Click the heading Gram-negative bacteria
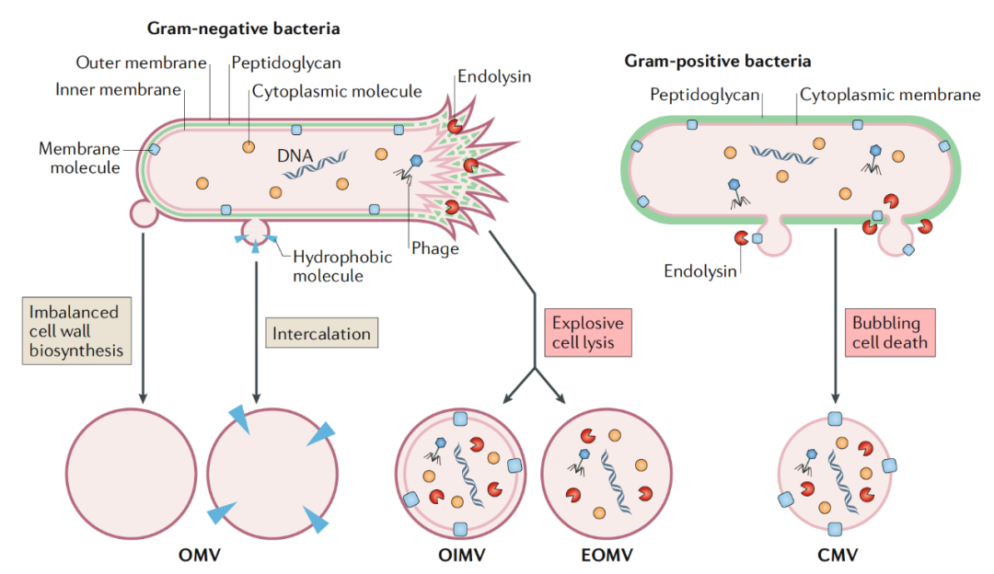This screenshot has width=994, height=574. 243,29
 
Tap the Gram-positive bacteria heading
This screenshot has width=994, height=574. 718,61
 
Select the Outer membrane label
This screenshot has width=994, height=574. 142,63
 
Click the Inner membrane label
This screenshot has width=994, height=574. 118,90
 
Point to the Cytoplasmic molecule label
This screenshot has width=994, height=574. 337,92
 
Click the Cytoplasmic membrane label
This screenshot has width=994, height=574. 890,95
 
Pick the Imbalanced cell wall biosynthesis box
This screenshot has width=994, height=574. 76,331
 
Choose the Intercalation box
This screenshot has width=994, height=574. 321,333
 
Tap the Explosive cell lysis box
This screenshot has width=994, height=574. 587,333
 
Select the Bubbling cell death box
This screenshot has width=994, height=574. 889,333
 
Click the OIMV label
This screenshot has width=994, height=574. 461,556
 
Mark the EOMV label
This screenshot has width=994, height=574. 607,556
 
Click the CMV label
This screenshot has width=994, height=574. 838,556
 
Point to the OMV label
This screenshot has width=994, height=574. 200,556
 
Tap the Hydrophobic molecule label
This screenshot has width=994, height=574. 342,267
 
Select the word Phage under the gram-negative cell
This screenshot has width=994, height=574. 434,248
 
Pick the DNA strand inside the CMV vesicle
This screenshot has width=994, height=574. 842,481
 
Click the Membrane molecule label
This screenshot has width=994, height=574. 79,158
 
